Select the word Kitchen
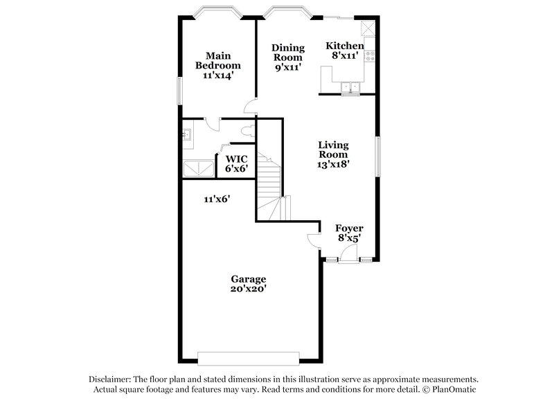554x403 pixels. tap(345, 46)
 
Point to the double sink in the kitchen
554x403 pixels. tap(351, 87)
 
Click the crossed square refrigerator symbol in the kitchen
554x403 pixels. tap(368, 28)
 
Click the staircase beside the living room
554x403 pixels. tap(270, 187)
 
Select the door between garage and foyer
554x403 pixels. tap(314, 240)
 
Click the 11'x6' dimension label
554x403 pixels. tap(217, 199)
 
